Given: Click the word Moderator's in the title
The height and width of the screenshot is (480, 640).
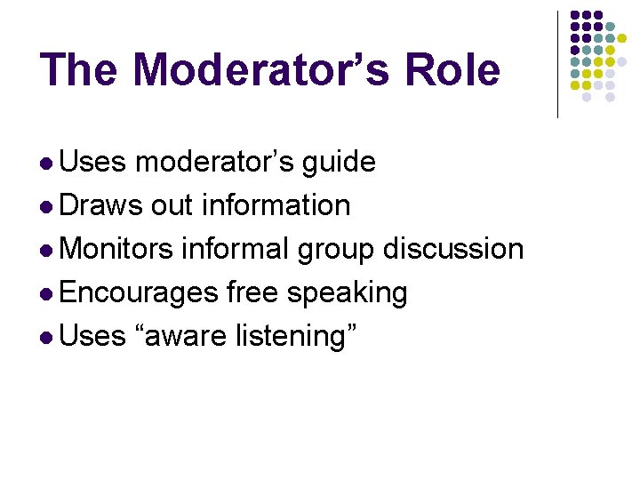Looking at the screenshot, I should click(x=254, y=69).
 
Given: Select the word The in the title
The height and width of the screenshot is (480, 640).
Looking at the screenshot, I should click(x=77, y=69).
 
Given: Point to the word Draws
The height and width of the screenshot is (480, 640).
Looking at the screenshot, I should click(x=102, y=206).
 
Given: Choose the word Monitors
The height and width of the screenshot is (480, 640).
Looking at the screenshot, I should click(x=118, y=250).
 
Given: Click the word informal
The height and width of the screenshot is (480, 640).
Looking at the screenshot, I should click(x=235, y=250).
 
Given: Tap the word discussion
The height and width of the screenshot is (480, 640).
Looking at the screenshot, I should click(x=453, y=250).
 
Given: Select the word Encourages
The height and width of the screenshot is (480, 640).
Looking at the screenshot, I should click(x=140, y=293).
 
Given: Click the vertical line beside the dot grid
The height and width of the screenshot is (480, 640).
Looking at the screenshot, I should click(x=557, y=64).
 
